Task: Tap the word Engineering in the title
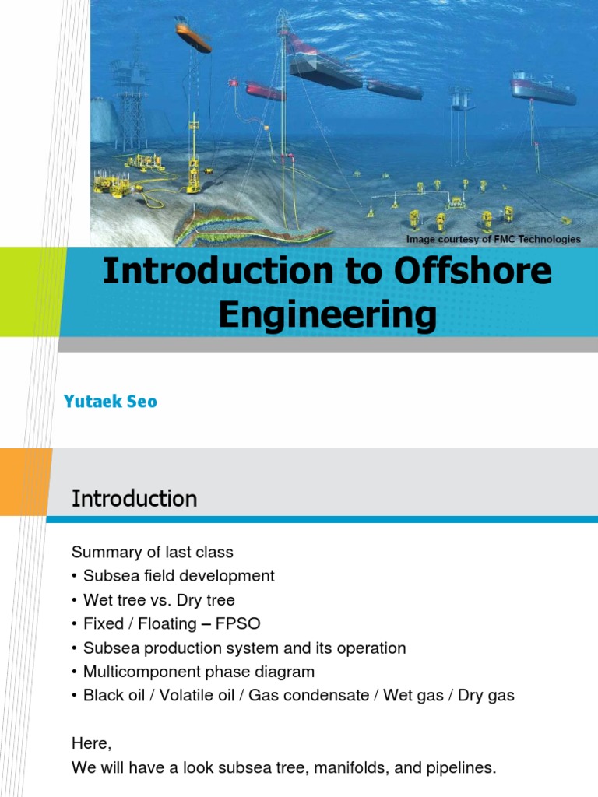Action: click(x=327, y=315)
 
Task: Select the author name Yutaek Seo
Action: click(x=110, y=402)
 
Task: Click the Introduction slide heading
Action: click(x=134, y=498)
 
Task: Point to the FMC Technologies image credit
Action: click(x=493, y=239)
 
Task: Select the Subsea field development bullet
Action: click(x=179, y=576)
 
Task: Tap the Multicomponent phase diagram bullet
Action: click(x=199, y=672)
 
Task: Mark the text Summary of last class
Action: click(x=153, y=553)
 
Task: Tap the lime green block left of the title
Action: click(x=27, y=292)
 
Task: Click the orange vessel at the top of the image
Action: click(x=193, y=37)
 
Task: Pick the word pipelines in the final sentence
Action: click(x=458, y=768)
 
